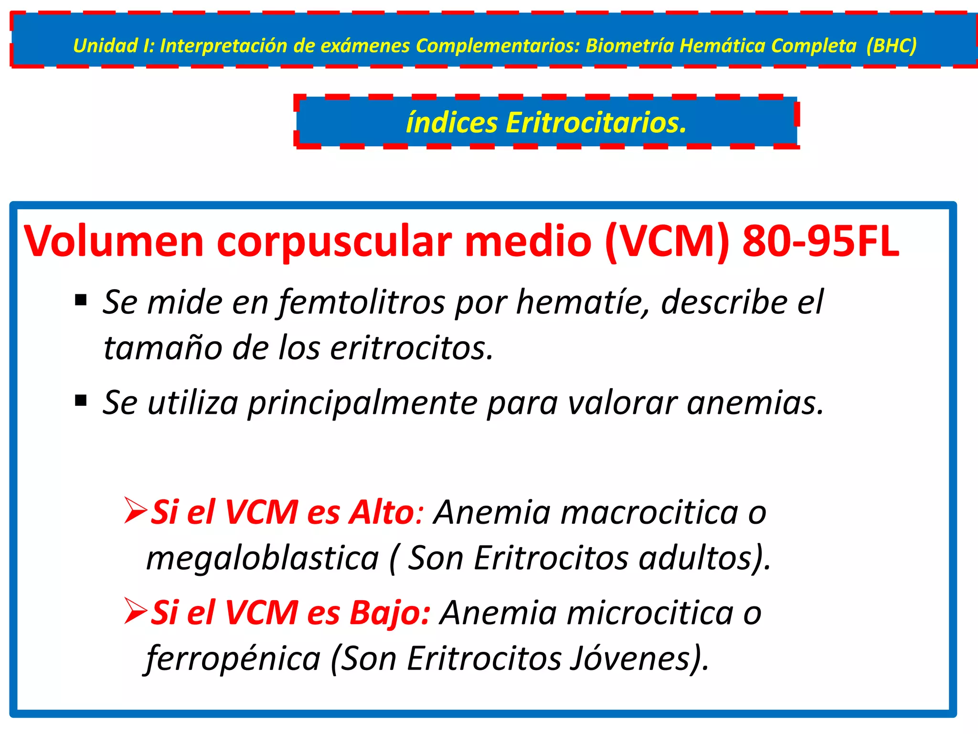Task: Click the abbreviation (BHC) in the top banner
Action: click(892, 46)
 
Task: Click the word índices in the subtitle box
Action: click(452, 123)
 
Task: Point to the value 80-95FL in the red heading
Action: click(820, 242)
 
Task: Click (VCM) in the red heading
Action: click(667, 242)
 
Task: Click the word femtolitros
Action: click(361, 303)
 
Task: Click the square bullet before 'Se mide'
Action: click(81, 300)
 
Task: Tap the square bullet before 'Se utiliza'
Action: click(81, 400)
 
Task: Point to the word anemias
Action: click(755, 403)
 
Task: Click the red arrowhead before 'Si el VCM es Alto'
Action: click(135, 510)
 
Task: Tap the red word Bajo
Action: click(390, 613)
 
